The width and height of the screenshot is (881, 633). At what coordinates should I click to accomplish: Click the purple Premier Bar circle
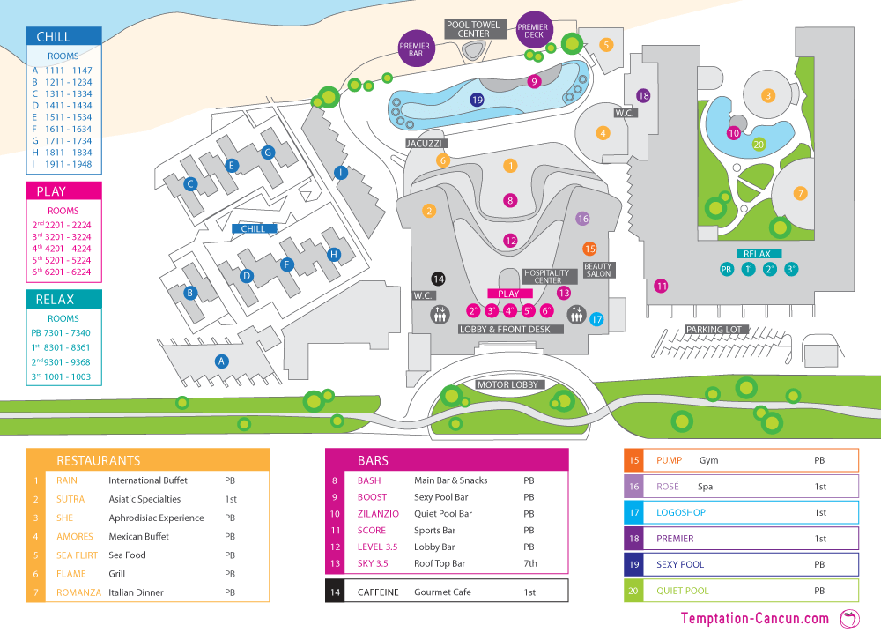pyautogui.click(x=414, y=49)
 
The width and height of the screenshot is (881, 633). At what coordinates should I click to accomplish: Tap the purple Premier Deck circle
pyautogui.click(x=534, y=30)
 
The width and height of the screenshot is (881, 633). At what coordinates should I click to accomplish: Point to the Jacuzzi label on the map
pyautogui.click(x=426, y=143)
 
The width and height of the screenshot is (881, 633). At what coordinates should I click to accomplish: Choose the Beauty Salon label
pyautogui.click(x=597, y=270)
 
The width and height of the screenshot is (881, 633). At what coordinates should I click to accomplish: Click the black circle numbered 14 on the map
pyautogui.click(x=438, y=279)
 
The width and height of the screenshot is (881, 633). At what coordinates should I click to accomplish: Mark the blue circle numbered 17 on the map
pyautogui.click(x=596, y=319)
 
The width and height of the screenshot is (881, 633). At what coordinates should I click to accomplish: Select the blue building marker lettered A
pyautogui.click(x=222, y=361)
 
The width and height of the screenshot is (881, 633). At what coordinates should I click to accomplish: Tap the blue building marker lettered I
pyautogui.click(x=340, y=173)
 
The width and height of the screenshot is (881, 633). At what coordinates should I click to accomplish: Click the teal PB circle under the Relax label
pyautogui.click(x=727, y=270)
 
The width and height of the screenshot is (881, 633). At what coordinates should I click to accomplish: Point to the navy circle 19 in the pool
pyautogui.click(x=478, y=100)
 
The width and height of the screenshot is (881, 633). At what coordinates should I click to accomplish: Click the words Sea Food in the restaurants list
pyautogui.click(x=127, y=555)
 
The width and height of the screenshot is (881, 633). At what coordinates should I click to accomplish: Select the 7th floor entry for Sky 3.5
pyautogui.click(x=529, y=563)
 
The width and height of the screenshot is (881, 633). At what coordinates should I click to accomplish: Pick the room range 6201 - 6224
pyautogui.click(x=70, y=272)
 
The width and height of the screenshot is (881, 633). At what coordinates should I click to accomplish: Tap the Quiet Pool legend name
pyautogui.click(x=682, y=591)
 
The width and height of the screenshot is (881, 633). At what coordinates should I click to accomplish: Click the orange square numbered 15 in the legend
pyautogui.click(x=634, y=460)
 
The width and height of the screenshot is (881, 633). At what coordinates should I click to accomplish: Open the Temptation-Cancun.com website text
pyautogui.click(x=755, y=619)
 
